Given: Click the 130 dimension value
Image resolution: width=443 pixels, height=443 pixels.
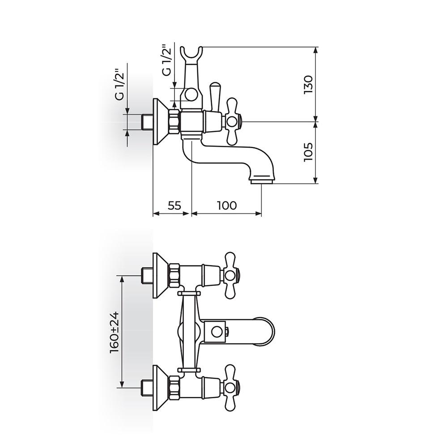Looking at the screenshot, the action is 308,84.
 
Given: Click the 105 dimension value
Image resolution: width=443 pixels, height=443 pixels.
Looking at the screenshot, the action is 308,152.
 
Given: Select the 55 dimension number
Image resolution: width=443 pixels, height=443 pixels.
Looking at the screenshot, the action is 175,205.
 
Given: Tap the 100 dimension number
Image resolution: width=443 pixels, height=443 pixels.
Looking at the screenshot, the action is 226,205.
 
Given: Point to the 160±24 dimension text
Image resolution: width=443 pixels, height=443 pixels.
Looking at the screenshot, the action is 115,332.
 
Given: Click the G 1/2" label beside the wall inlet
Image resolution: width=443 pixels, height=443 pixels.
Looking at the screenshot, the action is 120,84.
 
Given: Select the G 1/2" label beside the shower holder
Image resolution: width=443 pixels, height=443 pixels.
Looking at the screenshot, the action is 167,60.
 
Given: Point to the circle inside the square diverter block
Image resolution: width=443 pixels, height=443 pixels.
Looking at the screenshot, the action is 217,332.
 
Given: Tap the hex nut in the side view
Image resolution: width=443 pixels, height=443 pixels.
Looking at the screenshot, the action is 174,121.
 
